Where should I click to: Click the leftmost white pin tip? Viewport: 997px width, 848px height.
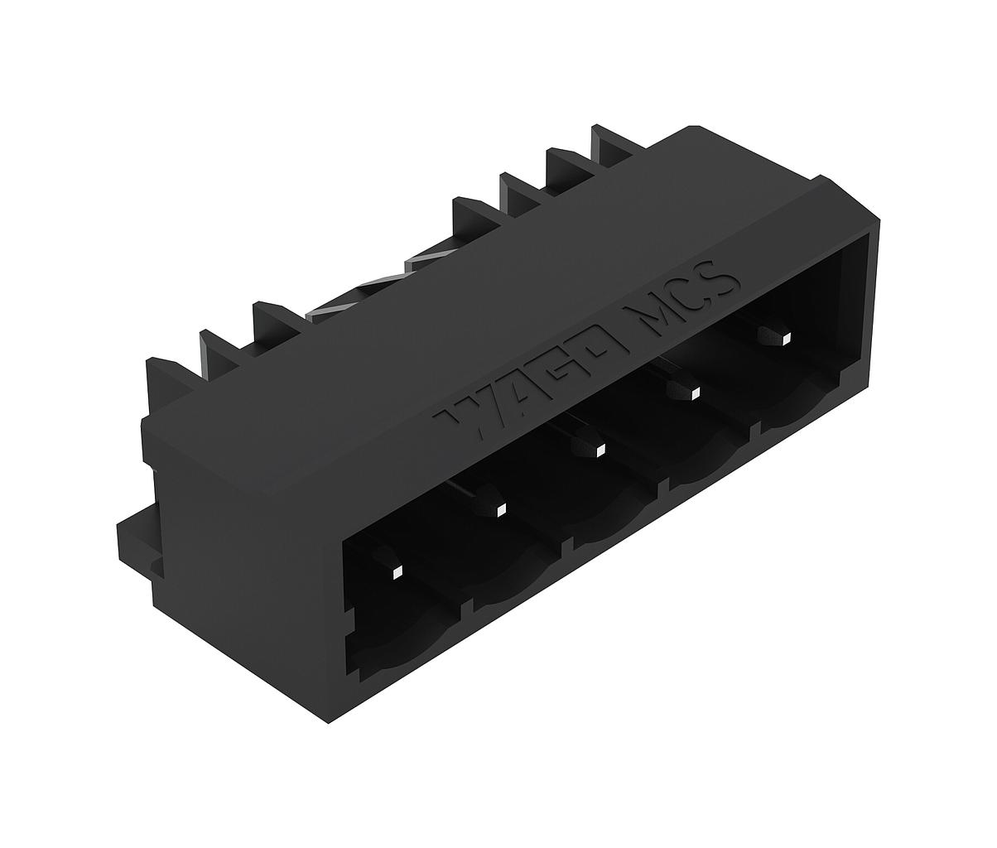coord(397,572)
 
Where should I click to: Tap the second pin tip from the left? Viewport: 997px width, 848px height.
coord(500,510)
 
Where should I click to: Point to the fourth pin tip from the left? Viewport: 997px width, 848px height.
coord(695,394)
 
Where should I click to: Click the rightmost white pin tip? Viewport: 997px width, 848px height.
coord(787,340)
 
